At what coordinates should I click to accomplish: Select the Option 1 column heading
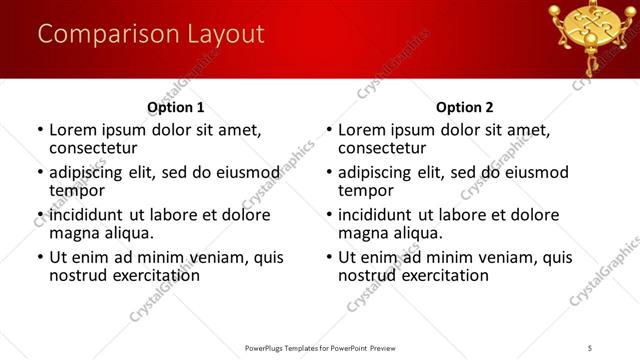click(175, 107)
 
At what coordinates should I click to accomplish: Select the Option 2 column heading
click(465, 107)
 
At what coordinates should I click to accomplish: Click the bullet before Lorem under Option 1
click(39, 130)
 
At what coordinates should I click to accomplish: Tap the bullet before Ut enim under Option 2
click(328, 257)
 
